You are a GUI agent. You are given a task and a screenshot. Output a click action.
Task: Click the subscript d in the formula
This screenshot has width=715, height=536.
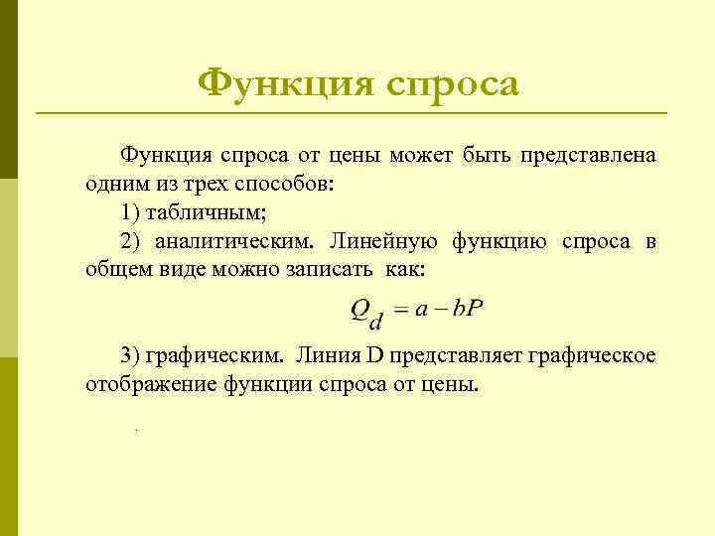tap(375, 321)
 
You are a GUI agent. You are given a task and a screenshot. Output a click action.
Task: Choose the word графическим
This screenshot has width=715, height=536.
tap(214, 354)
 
